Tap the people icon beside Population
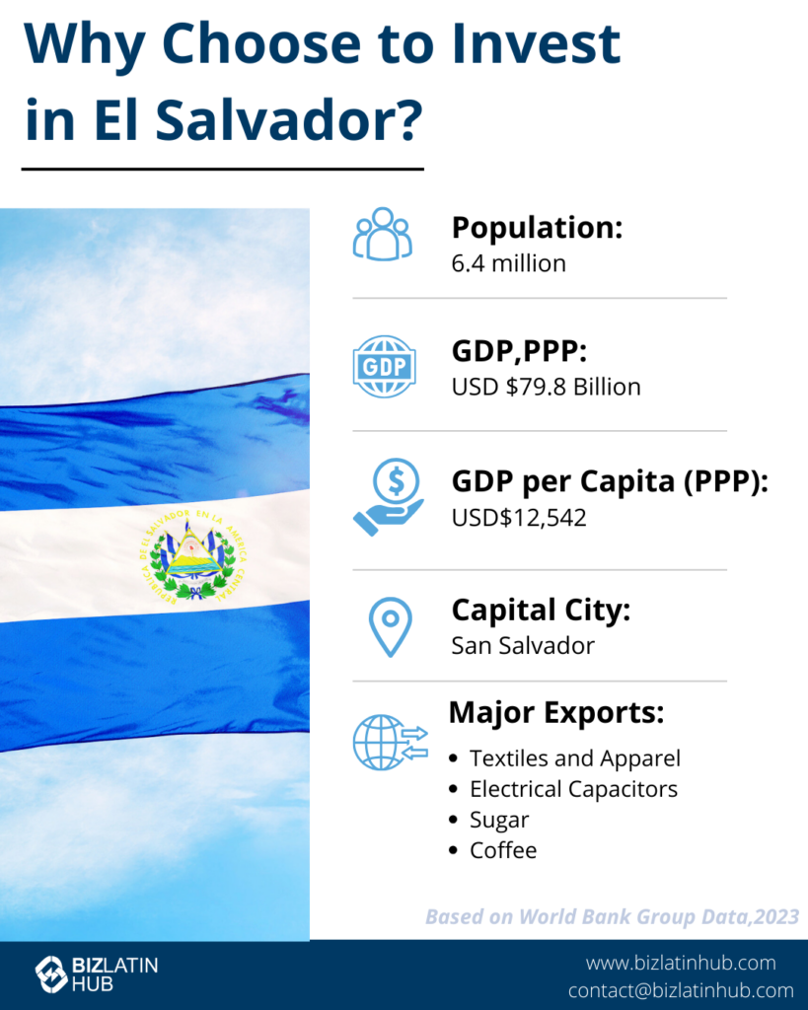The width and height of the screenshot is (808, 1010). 383,234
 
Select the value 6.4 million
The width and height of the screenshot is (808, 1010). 508,263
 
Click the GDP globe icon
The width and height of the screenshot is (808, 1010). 384,367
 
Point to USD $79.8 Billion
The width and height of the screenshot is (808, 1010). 546,387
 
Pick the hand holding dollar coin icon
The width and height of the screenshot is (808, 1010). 389,497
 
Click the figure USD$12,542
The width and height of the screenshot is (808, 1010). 519,518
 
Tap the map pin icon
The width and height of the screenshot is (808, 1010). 391,626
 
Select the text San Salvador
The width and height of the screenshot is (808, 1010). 523,645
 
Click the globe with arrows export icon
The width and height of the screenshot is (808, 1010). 391,742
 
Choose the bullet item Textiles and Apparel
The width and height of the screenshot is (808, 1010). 575,758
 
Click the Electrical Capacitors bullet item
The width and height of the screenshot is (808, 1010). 573,789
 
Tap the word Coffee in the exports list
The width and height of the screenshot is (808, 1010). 503,850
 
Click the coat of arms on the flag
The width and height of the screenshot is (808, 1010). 192,556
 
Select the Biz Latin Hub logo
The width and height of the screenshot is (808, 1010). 97,974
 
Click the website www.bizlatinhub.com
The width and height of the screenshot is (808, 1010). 681,963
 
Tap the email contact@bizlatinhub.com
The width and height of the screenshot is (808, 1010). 681,990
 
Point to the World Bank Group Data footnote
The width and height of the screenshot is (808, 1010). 612,916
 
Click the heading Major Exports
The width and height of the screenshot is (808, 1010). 556,713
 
